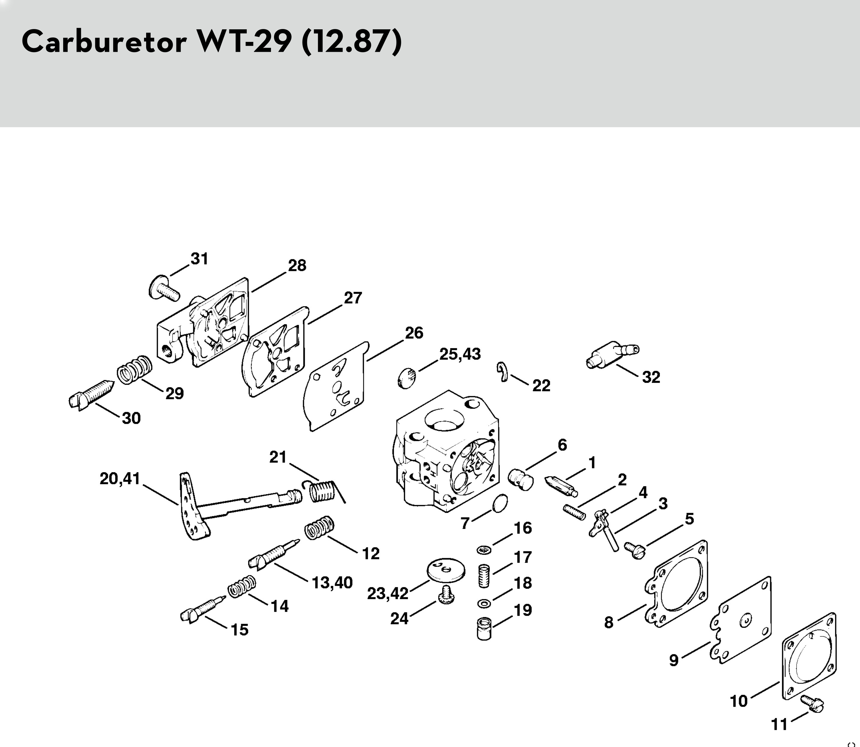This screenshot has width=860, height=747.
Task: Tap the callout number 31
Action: pyautogui.click(x=199, y=259)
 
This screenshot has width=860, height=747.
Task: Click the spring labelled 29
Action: pyautogui.click(x=134, y=369)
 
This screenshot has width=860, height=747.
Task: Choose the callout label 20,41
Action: pyautogui.click(x=120, y=479)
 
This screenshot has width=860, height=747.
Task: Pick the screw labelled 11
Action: pyautogui.click(x=811, y=705)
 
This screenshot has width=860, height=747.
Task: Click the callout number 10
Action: pyautogui.click(x=739, y=701)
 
